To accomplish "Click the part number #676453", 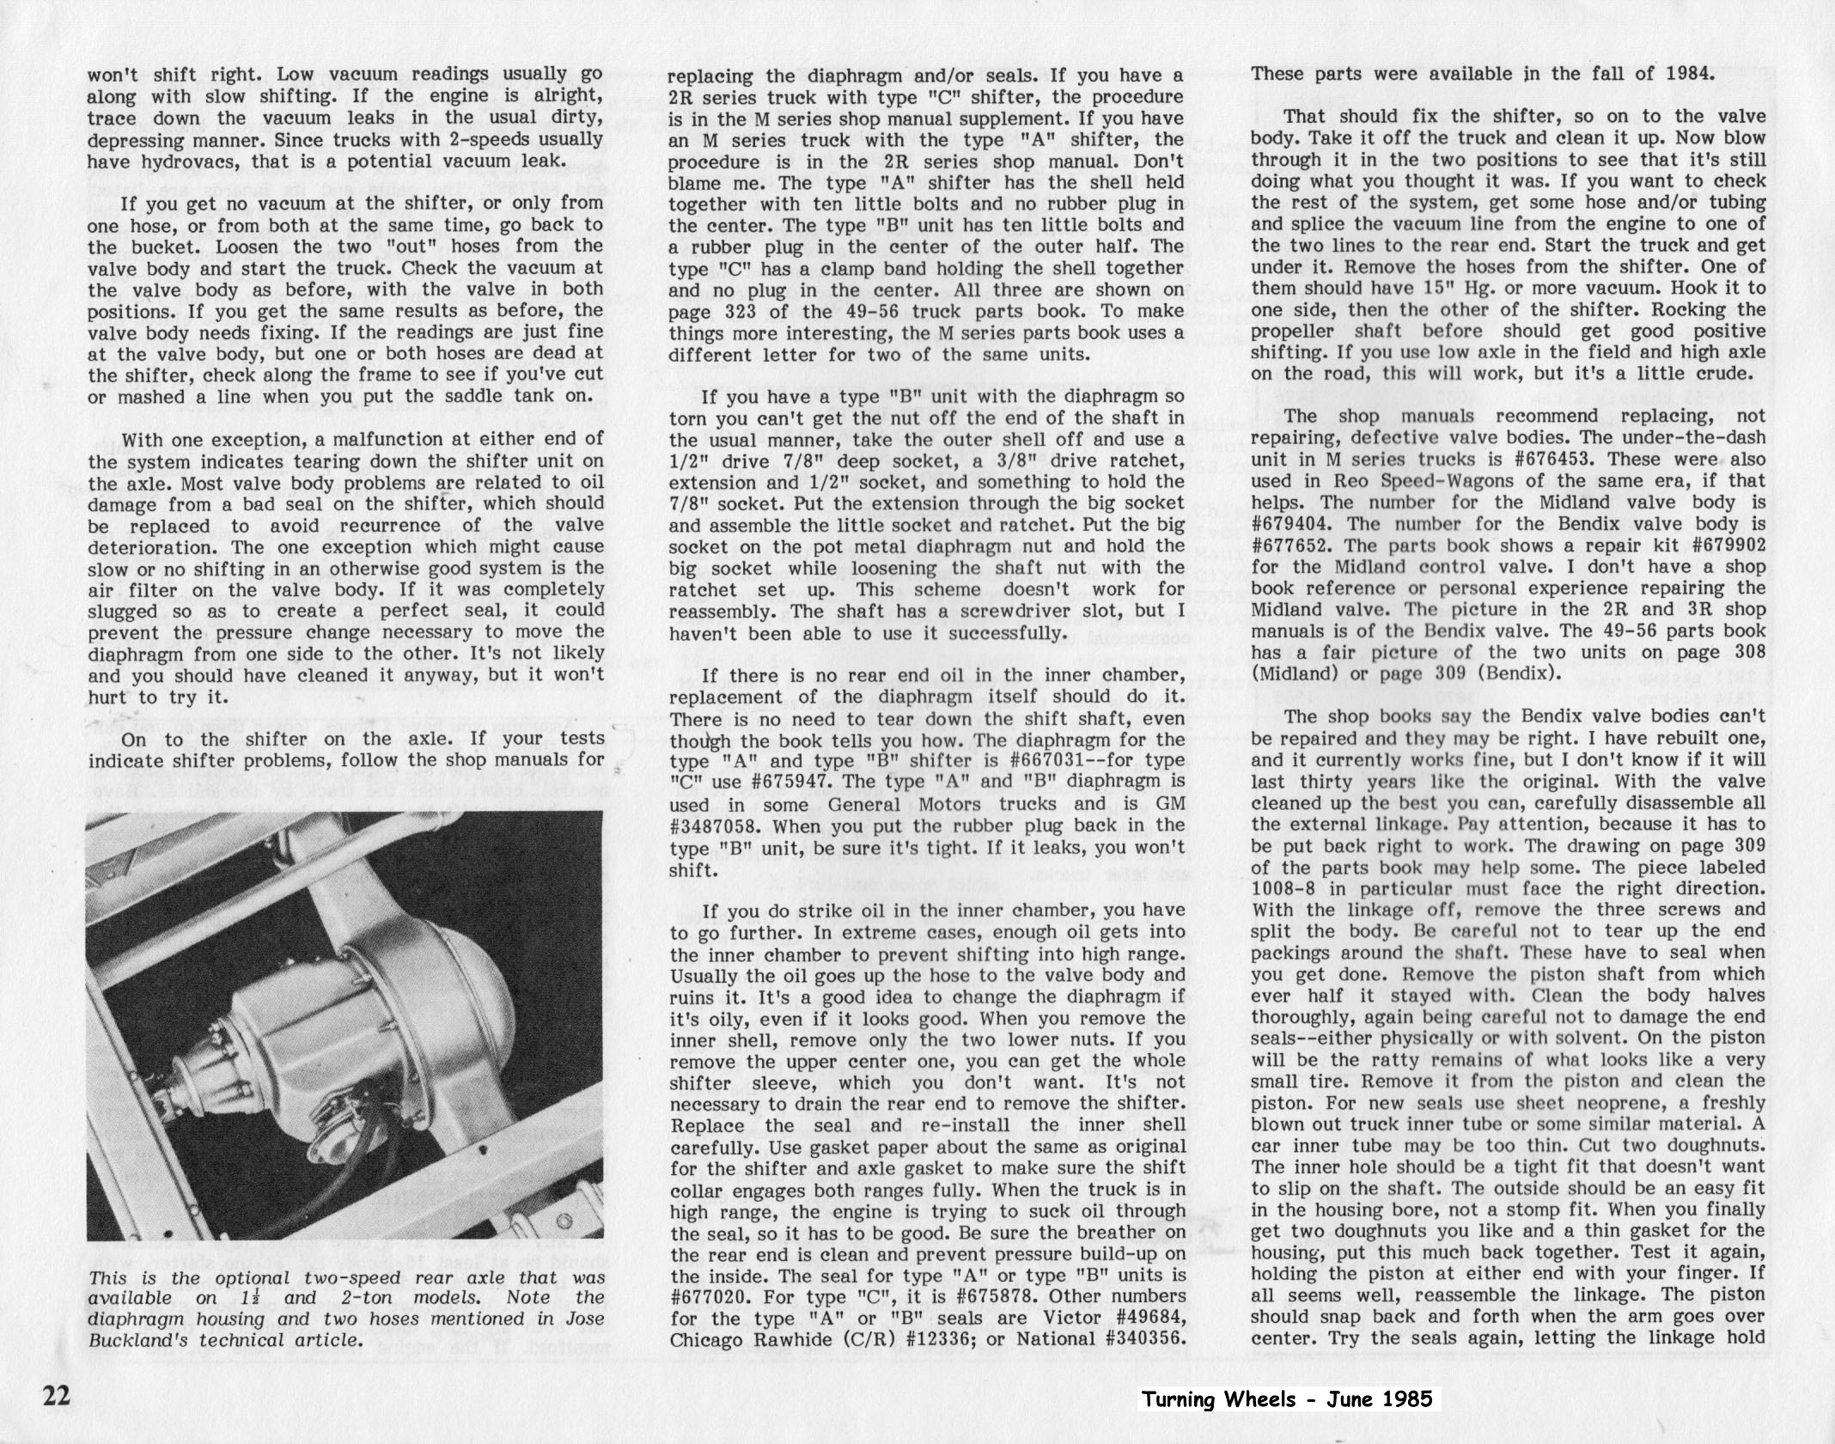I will coord(1542,460).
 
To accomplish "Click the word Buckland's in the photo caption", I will coord(139,1339).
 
